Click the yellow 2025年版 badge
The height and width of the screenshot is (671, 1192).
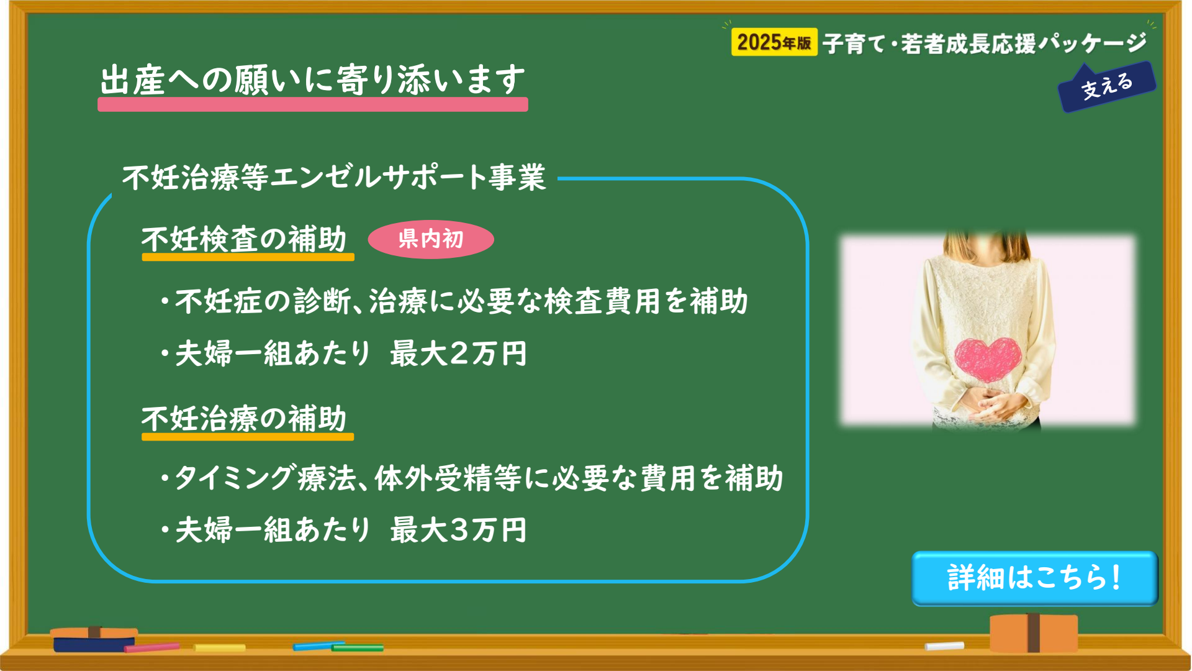coord(774,42)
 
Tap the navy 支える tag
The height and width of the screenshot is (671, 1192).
coord(1107,87)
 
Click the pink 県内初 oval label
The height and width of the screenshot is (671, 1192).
coord(431,239)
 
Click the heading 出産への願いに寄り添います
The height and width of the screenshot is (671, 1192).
coord(313,80)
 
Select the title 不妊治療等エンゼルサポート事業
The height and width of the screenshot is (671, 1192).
coord(334,177)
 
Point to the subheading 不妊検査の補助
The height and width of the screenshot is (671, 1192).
coord(244,239)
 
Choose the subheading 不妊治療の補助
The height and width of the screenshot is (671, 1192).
coord(244,418)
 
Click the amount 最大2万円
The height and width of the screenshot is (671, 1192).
coord(458,354)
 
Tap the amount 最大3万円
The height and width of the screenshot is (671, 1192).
coord(458,530)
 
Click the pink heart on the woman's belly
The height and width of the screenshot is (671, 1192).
coord(988,359)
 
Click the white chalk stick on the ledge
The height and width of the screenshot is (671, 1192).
coord(944,646)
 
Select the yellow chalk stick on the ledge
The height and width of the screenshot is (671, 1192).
coord(219,648)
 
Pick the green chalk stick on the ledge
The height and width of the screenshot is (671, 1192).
coord(358,648)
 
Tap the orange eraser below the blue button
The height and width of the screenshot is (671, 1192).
coord(1034,632)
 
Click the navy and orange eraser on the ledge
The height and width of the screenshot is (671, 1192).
coord(94,639)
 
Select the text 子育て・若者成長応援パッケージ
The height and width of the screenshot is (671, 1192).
coord(985,43)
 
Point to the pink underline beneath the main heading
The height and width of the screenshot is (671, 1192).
coord(313,104)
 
